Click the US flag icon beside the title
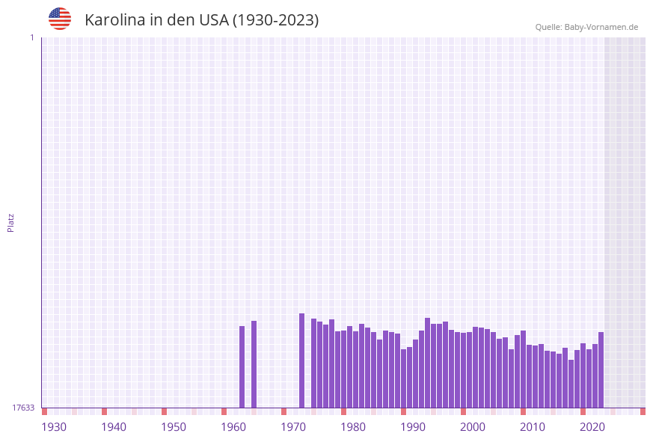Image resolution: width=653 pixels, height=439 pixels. pyautogui.click(x=60, y=19)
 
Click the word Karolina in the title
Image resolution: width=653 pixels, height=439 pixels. pyautogui.click(x=114, y=20)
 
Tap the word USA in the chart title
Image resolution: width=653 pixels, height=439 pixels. pyautogui.click(x=213, y=20)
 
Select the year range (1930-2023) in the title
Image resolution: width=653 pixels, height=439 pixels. pyautogui.click(x=276, y=20)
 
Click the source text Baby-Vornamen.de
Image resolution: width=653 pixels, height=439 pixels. pyautogui.click(x=601, y=27)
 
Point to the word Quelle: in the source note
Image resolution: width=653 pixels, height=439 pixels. pyautogui.click(x=548, y=27)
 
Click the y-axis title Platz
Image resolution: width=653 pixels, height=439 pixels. pyautogui.click(x=11, y=222)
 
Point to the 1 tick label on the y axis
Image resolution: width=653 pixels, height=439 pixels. pyautogui.click(x=31, y=37)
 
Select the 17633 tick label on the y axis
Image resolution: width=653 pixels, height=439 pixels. pyautogui.click(x=23, y=408)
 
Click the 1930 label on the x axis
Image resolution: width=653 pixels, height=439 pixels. pyautogui.click(x=54, y=427)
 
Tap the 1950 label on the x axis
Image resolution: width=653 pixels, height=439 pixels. pyautogui.click(x=174, y=427)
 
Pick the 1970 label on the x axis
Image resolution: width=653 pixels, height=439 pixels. pyautogui.click(x=293, y=427)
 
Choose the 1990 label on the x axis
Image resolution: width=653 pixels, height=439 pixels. pyautogui.click(x=413, y=427)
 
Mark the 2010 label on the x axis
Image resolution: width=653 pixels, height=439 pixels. pyautogui.click(x=533, y=427)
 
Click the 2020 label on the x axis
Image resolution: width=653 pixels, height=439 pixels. pyautogui.click(x=592, y=427)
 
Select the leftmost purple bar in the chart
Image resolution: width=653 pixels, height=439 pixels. pyautogui.click(x=242, y=366)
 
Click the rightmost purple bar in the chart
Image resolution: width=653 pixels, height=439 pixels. pyautogui.click(x=601, y=369)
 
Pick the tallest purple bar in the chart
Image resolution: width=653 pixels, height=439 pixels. pyautogui.click(x=301, y=360)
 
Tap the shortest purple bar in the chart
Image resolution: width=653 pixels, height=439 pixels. pyautogui.click(x=571, y=384)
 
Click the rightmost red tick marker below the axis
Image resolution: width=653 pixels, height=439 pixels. pyautogui.click(x=643, y=411)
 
